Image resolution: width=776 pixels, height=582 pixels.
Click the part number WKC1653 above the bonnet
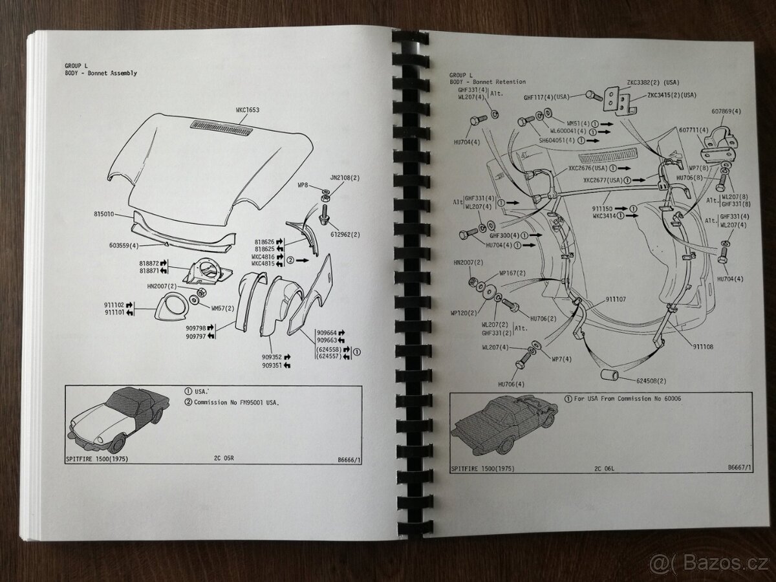point(248,110)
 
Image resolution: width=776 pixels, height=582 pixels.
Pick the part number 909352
point(275,356)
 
